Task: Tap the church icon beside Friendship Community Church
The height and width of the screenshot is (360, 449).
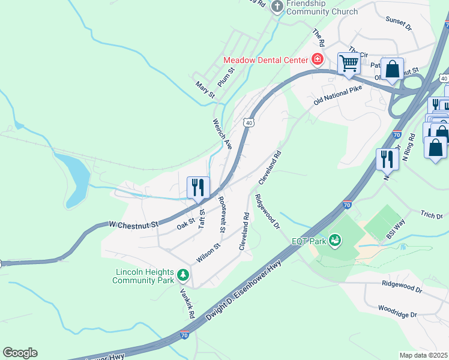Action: pos(277,6)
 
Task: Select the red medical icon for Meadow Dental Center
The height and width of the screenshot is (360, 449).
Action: pos(316,59)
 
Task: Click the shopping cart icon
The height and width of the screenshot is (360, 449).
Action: pos(348,62)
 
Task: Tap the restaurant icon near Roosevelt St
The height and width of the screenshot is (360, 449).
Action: pos(197,187)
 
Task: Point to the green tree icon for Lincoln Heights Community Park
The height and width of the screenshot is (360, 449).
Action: pos(182,276)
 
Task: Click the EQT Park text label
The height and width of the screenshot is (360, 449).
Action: pos(309,241)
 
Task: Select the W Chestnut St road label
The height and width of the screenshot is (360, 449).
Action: pos(133,224)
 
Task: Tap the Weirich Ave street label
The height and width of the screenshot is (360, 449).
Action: pos(221,133)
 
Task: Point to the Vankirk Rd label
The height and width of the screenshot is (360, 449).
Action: pos(188,303)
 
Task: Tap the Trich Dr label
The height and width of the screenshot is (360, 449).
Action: pos(431,215)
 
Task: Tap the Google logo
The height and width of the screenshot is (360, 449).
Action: pos(20,353)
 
